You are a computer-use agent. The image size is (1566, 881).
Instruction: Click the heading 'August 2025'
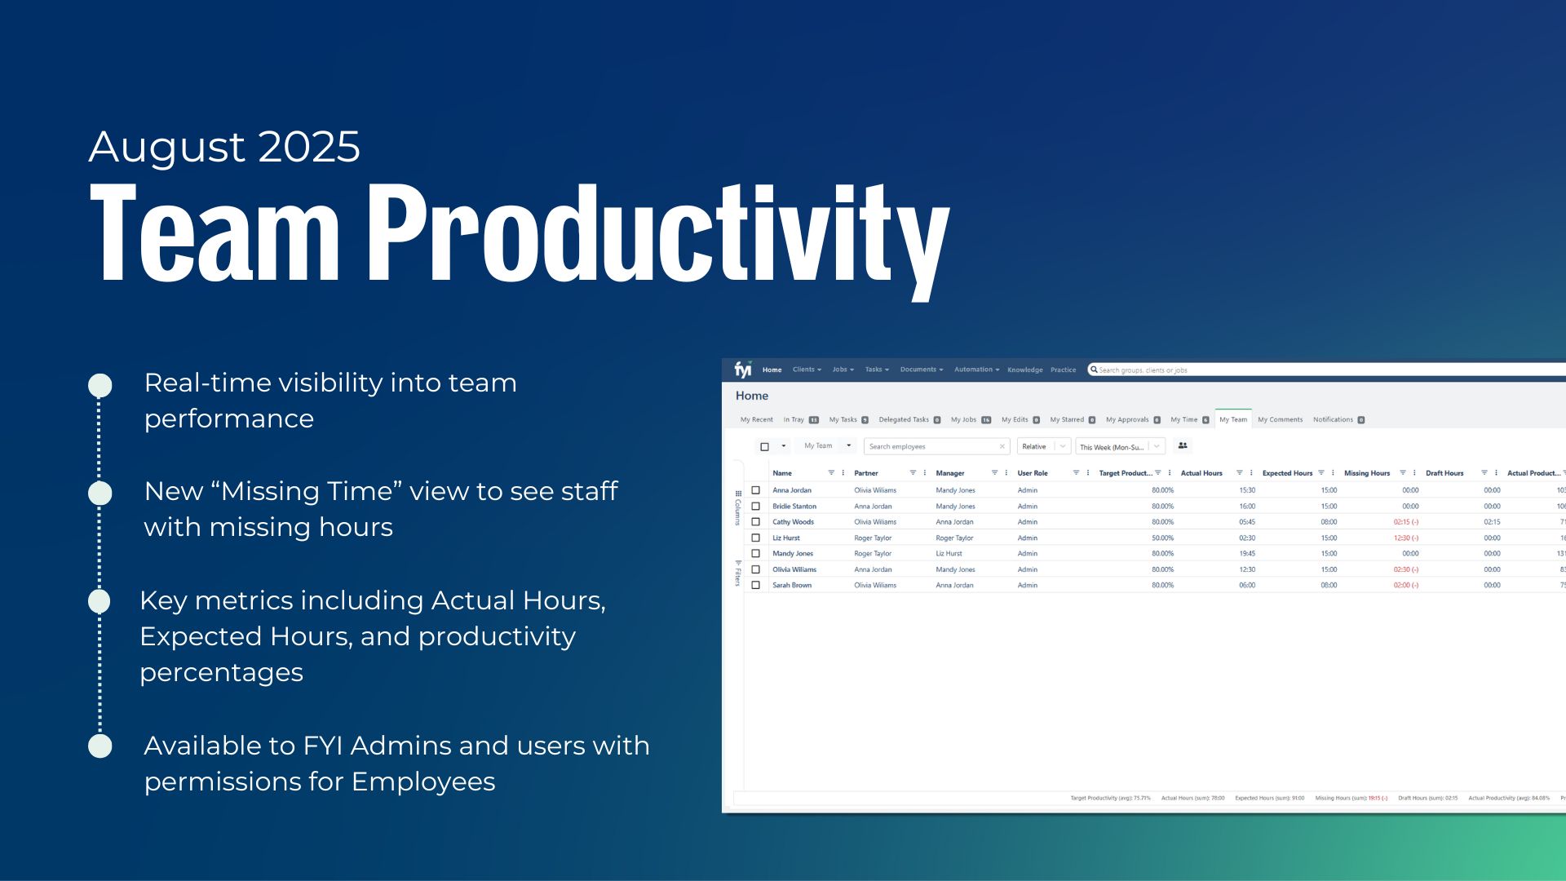click(224, 147)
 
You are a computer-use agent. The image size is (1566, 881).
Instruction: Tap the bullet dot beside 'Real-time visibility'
click(100, 385)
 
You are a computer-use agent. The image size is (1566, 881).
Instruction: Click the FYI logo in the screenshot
click(742, 370)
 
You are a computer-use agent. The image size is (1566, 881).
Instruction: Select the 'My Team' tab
click(1232, 419)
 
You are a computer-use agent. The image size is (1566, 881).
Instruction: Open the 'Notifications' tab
click(1333, 419)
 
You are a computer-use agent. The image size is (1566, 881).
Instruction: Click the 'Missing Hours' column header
click(1366, 473)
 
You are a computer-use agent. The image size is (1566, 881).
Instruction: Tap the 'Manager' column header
click(949, 473)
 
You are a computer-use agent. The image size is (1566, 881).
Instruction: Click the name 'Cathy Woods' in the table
click(793, 522)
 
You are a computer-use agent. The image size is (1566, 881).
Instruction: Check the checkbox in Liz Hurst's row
click(755, 538)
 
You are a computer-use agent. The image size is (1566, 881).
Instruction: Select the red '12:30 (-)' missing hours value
click(1405, 538)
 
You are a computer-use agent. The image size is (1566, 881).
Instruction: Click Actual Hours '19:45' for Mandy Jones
click(1246, 553)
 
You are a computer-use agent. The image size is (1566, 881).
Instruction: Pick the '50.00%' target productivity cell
click(1161, 538)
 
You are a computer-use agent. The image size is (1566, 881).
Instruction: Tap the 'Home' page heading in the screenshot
click(751, 396)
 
